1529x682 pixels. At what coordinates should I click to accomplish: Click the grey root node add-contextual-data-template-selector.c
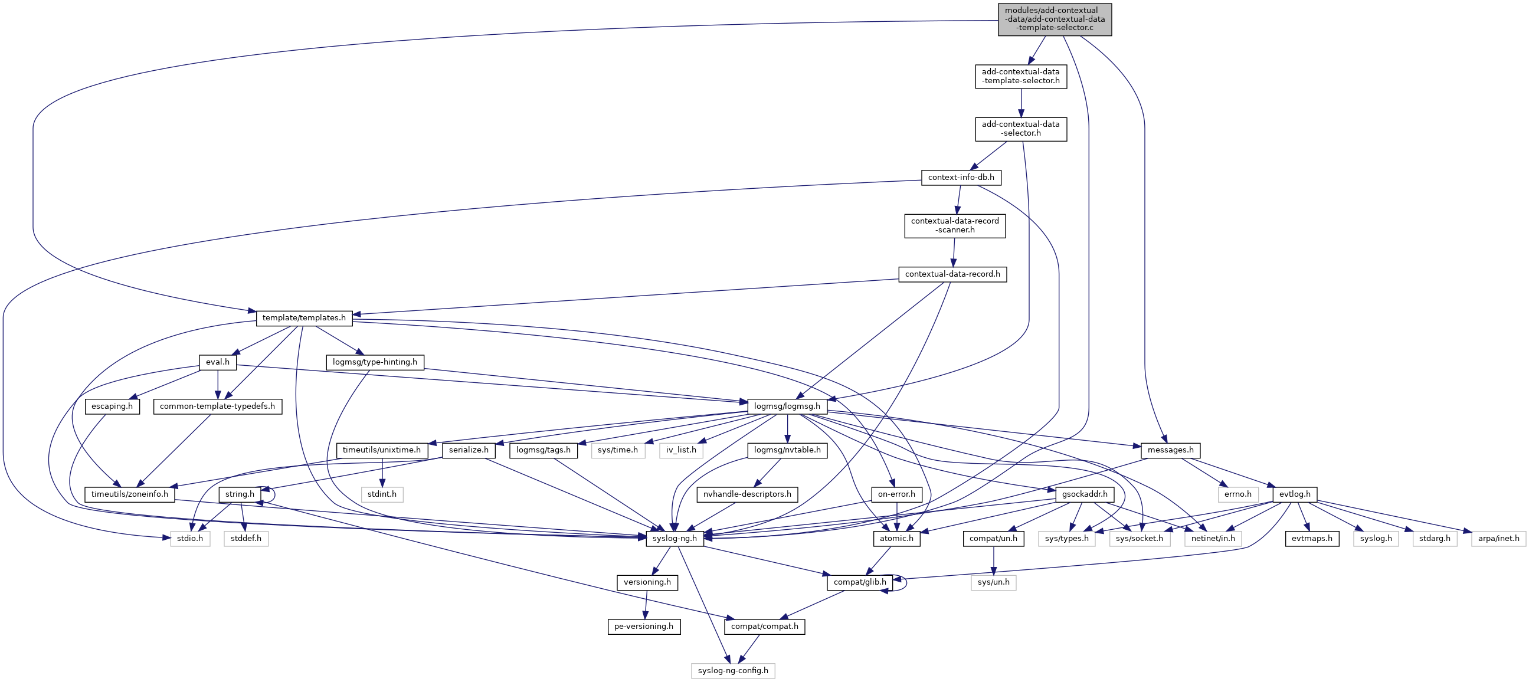click(x=1054, y=19)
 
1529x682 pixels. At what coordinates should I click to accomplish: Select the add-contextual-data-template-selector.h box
click(x=1020, y=77)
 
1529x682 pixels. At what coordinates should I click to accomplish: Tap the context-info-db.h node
click(x=961, y=178)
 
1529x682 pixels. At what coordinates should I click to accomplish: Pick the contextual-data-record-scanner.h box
click(x=954, y=225)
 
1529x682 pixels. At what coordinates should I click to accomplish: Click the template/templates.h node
click(x=304, y=318)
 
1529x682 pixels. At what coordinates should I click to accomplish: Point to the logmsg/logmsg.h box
click(x=787, y=406)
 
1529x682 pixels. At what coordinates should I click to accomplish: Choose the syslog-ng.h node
click(x=675, y=539)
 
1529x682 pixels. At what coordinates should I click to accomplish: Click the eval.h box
click(x=218, y=362)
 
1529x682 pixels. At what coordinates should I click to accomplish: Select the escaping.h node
click(x=112, y=406)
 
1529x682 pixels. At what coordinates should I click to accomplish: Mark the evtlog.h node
click(x=1295, y=494)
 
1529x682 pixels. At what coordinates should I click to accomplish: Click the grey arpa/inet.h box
click(x=1498, y=539)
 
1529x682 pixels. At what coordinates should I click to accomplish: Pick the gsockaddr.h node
click(x=1085, y=494)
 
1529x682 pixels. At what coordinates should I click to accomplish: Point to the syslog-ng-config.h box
click(x=732, y=671)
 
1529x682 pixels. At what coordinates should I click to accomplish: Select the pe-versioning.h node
click(x=643, y=626)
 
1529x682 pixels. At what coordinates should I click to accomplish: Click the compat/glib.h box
click(x=859, y=582)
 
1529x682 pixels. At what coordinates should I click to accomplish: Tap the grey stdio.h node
click(x=190, y=539)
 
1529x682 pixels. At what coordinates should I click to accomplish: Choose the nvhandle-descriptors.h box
click(x=747, y=494)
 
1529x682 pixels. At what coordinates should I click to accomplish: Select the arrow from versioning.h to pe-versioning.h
click(x=645, y=604)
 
